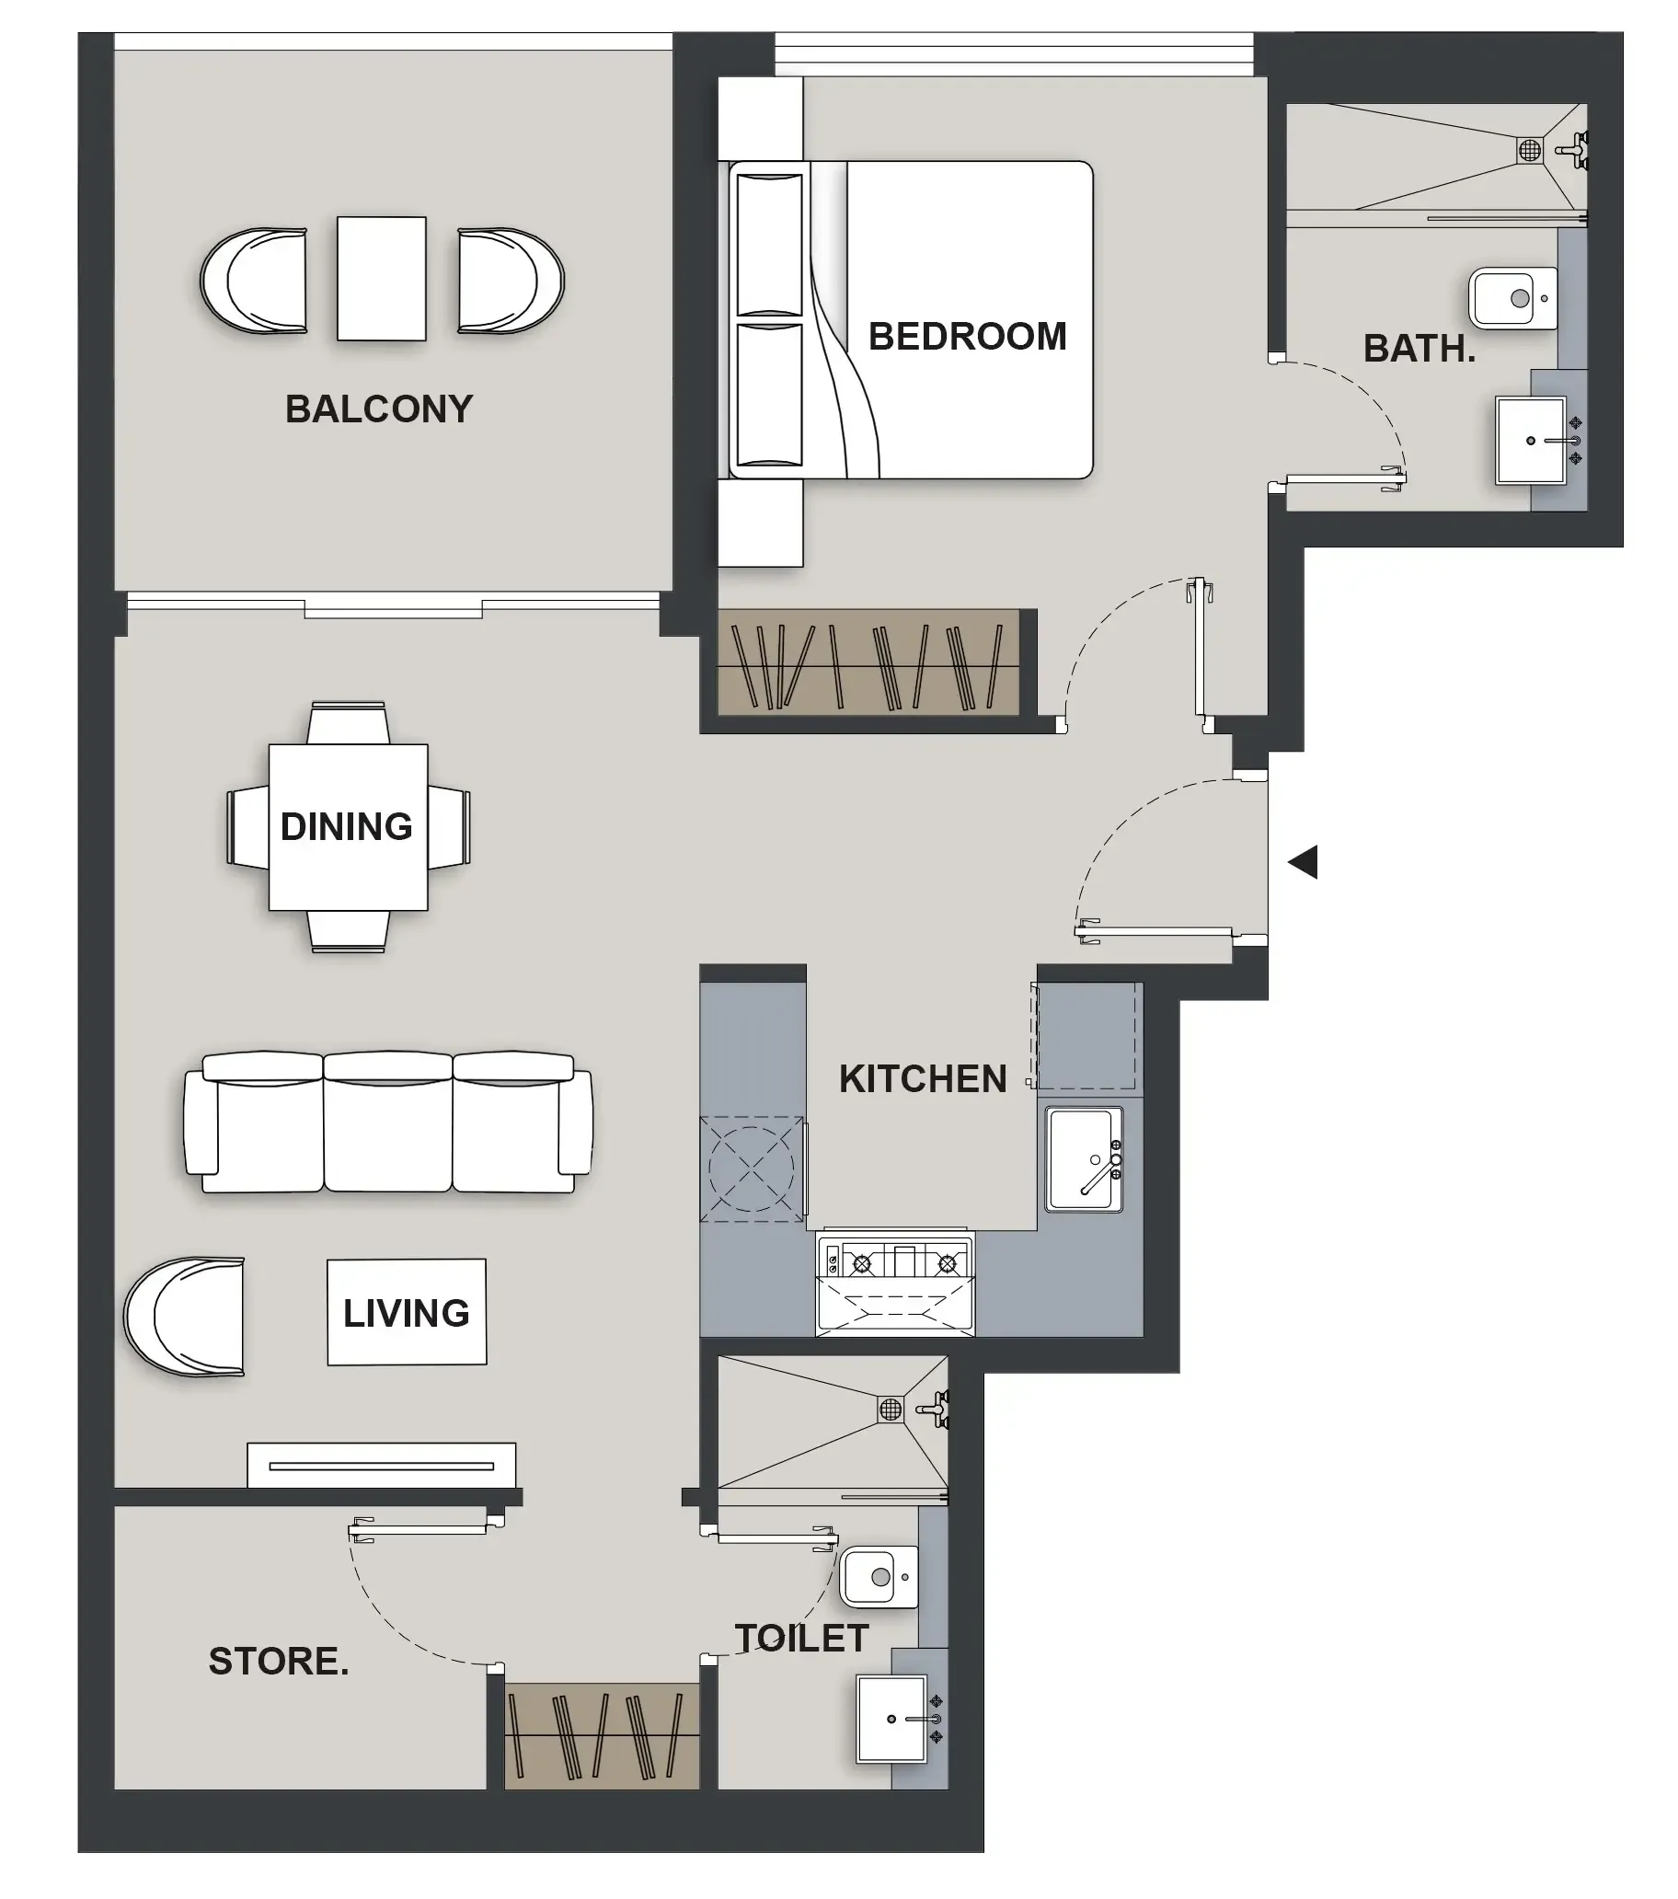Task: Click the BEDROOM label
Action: [966, 337]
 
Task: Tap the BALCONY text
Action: [378, 409]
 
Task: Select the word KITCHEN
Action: [922, 1078]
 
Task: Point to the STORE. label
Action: [278, 1661]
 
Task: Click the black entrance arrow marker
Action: [1303, 862]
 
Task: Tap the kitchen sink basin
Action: [1082, 1158]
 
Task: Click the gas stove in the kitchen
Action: [894, 1263]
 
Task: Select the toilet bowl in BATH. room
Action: [1511, 298]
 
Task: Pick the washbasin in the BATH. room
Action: [1530, 440]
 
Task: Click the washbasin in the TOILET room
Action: [891, 1718]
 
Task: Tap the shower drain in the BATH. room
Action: [1529, 149]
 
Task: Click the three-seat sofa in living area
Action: [387, 1123]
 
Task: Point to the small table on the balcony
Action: [381, 279]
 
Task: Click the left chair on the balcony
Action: [255, 281]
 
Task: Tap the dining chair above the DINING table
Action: [348, 723]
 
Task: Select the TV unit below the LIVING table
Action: [381, 1466]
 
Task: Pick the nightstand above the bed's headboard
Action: [760, 118]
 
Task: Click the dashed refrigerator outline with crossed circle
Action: [751, 1168]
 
